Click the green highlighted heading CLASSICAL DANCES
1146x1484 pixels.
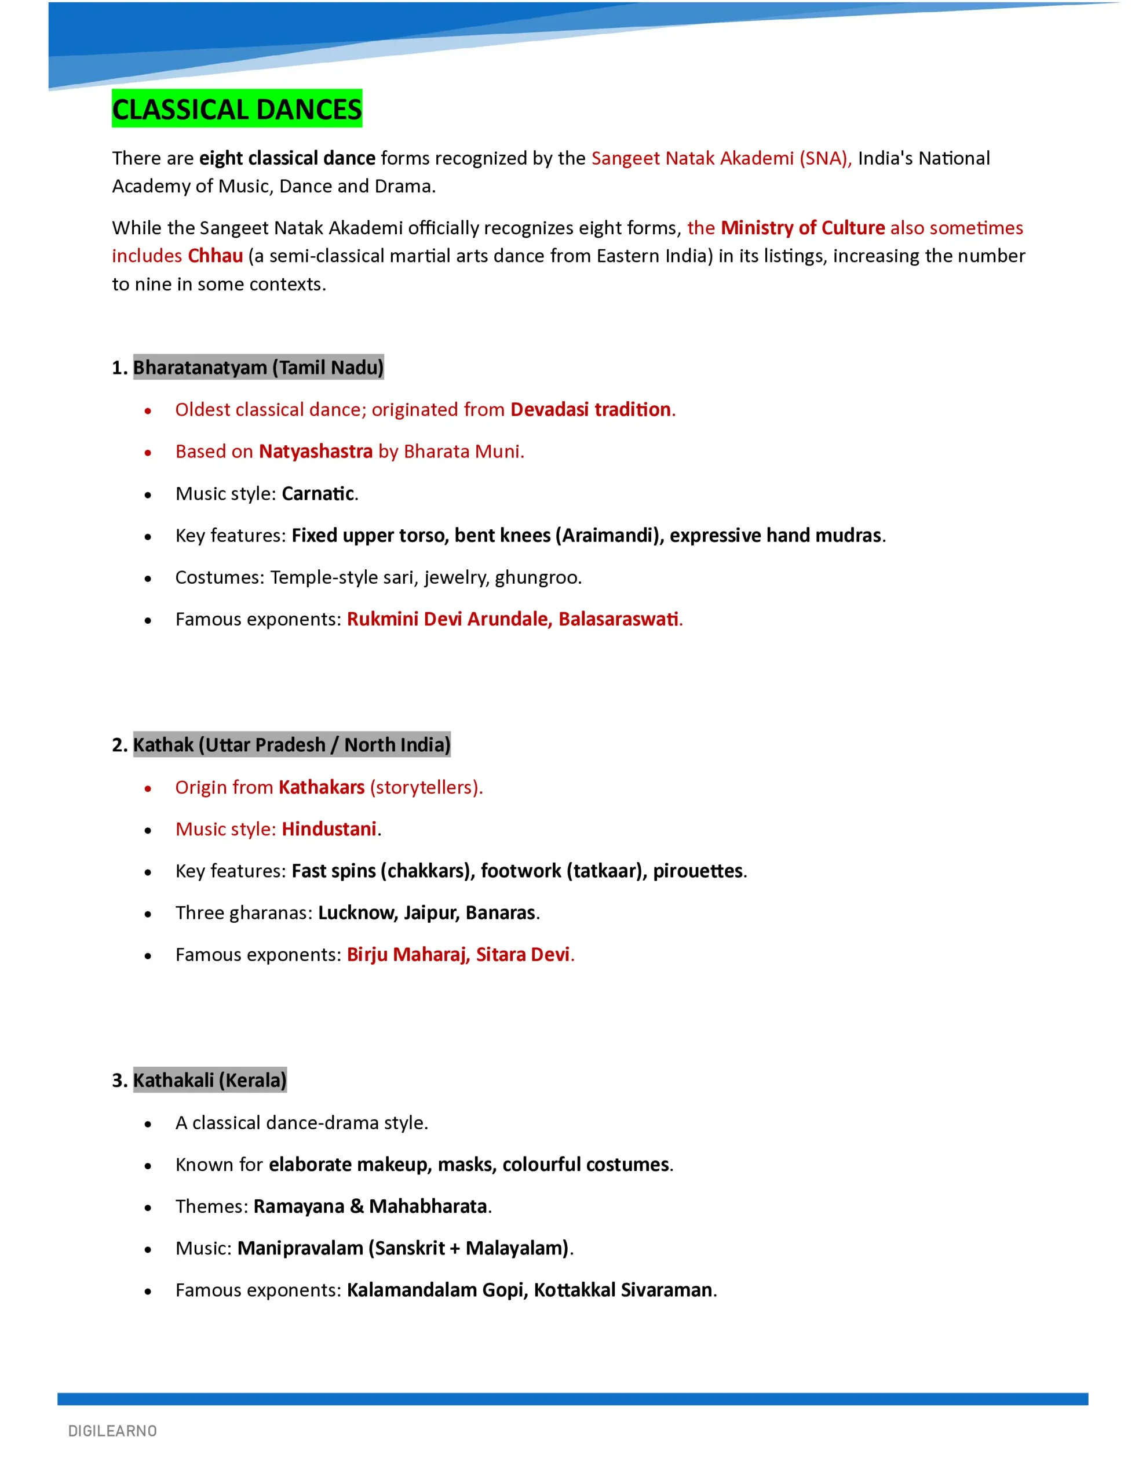click(x=236, y=109)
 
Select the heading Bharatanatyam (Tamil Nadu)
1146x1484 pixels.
click(x=258, y=367)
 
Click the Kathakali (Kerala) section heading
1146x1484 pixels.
click(x=209, y=1080)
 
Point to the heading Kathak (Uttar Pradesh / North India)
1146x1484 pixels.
click(x=291, y=745)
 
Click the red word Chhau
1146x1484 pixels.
click(x=216, y=256)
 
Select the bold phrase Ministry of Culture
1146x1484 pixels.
click(x=802, y=228)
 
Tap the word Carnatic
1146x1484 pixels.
click(x=318, y=493)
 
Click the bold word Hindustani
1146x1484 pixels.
click(x=329, y=829)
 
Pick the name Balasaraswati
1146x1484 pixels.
click(x=618, y=619)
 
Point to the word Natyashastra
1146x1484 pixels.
click(x=315, y=451)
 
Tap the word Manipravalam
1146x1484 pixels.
click(x=300, y=1248)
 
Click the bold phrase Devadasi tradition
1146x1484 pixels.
click(x=590, y=410)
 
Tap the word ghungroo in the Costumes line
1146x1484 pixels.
click(x=536, y=577)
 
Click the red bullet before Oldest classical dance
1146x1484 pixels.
click(x=147, y=410)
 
